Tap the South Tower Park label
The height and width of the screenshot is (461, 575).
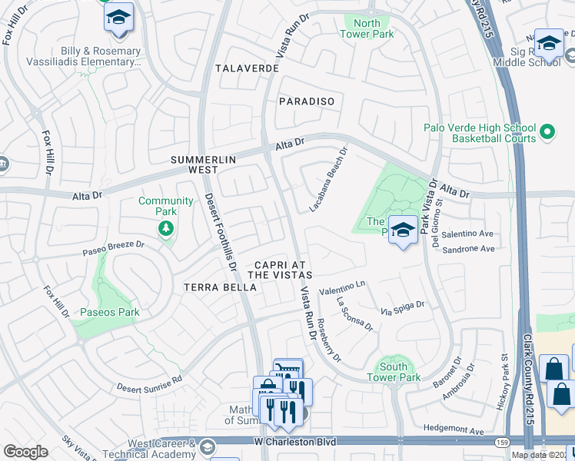click(x=394, y=372)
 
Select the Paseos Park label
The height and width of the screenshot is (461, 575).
click(x=108, y=312)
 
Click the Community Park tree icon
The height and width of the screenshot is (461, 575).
click(x=165, y=228)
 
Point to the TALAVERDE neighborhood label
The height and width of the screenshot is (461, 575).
click(x=246, y=68)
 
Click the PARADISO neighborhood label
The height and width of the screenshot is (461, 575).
click(x=307, y=101)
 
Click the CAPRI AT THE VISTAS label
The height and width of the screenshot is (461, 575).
click(x=279, y=269)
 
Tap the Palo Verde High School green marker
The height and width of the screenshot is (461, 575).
click(x=547, y=133)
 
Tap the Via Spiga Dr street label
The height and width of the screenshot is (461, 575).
click(x=402, y=309)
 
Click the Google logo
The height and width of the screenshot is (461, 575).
click(x=26, y=452)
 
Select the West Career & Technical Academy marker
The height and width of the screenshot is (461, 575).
click(x=206, y=446)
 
